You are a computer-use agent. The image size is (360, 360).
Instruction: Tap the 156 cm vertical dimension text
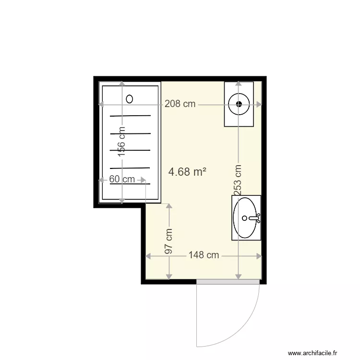tap(122, 141)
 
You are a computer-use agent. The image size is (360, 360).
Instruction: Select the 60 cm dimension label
tap(122, 180)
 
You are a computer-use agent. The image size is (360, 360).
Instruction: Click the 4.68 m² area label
tap(188, 171)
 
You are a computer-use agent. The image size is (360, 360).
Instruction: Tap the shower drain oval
tap(130, 99)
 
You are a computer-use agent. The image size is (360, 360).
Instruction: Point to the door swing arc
tap(250, 326)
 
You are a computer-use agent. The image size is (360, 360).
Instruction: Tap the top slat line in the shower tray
tap(130, 116)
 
